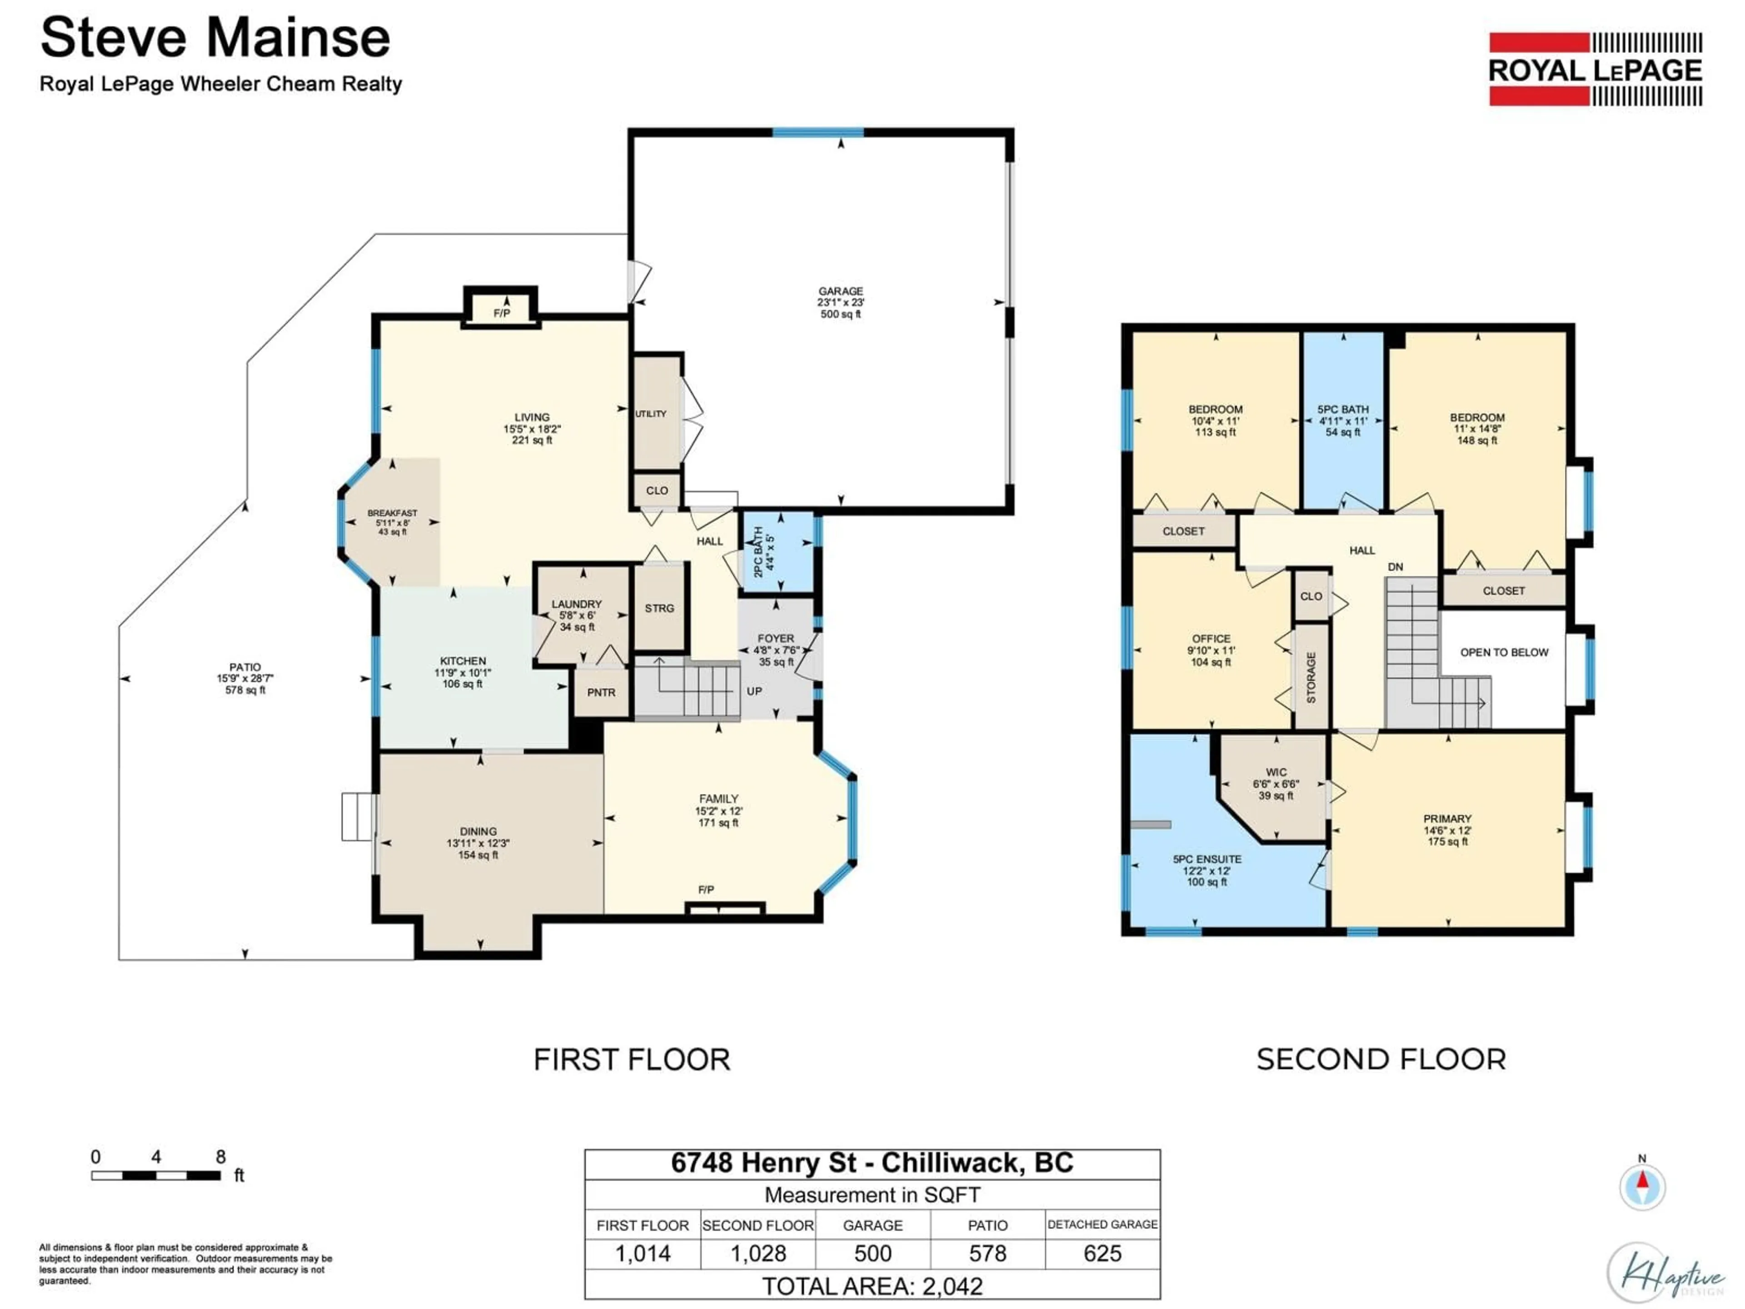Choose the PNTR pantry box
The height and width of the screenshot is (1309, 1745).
601,692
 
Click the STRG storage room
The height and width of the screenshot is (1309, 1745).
659,608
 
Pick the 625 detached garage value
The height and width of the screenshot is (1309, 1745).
1102,1253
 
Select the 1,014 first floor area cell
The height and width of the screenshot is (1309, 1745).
643,1253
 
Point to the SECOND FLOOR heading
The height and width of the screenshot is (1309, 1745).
1381,1059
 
